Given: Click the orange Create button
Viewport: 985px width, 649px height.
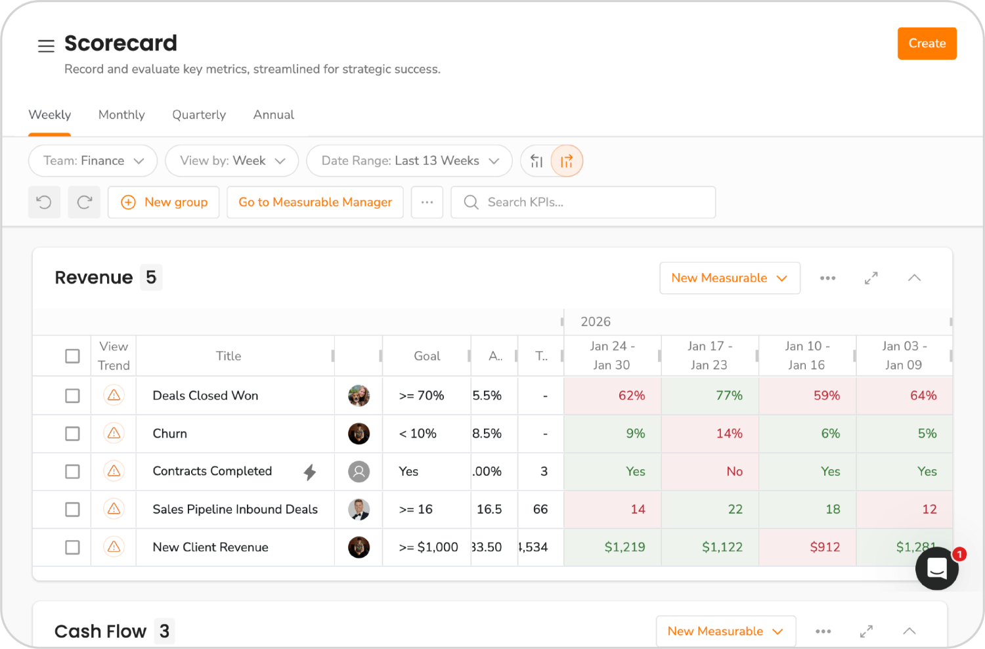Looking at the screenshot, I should tap(927, 43).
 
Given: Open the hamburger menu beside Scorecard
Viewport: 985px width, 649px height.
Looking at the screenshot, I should tap(46, 46).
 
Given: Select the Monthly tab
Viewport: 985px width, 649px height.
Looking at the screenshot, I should tap(121, 115).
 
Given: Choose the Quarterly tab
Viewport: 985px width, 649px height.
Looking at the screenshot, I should tap(199, 115).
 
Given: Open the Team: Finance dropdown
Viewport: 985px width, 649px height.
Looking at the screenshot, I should tap(93, 161).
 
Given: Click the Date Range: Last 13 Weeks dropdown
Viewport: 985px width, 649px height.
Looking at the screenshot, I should tap(409, 161).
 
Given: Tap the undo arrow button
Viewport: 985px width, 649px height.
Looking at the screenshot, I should tap(44, 202).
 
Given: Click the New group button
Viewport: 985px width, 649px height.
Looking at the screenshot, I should tap(164, 202).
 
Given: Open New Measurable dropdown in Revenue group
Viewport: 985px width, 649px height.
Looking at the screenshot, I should tap(730, 278).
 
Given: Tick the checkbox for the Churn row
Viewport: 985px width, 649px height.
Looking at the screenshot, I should tap(72, 434).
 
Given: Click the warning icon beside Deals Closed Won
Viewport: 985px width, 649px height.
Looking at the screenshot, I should tap(114, 396).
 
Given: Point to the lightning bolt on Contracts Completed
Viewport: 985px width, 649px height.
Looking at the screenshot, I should tap(310, 472).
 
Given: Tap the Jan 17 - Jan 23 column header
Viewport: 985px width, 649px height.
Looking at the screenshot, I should tap(709, 356).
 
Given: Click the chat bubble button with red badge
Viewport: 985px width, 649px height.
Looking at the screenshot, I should tap(937, 568).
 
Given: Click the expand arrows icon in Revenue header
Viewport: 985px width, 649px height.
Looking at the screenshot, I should tap(871, 278).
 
